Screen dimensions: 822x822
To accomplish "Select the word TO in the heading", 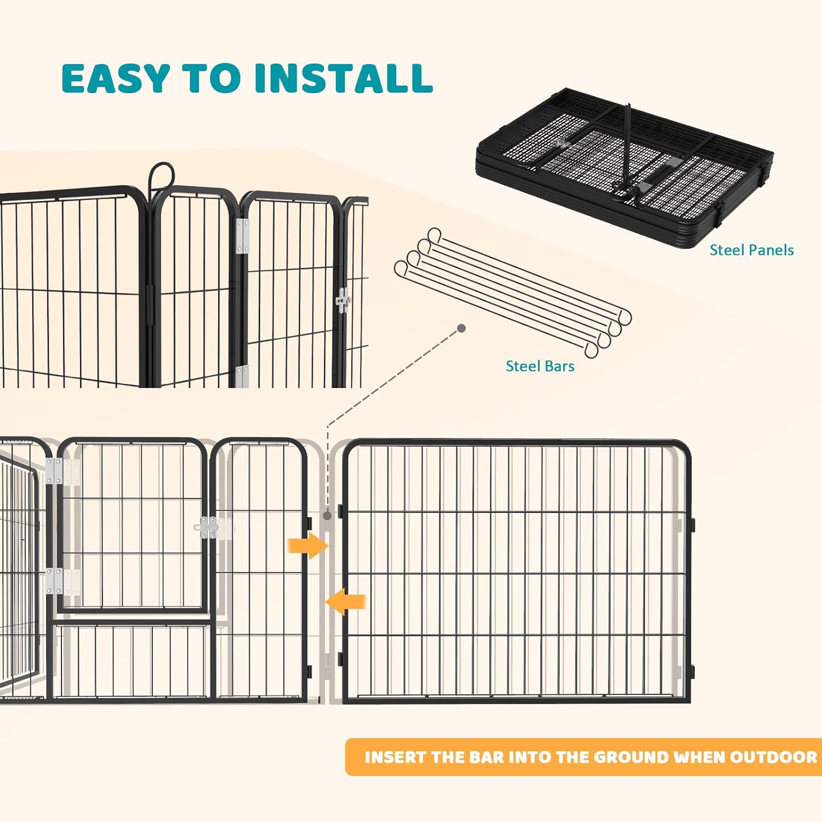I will point(211,78).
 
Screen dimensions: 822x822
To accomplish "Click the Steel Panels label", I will point(751,250).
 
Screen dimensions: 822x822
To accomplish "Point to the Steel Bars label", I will point(540,366).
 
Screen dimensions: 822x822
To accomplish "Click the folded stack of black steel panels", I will point(625,164).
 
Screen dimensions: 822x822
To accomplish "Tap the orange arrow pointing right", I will point(308,545).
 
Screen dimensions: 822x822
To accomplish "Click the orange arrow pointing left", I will point(346,602).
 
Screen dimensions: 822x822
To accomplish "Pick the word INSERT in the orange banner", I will point(396,757).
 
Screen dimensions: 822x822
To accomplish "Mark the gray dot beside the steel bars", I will point(461,328).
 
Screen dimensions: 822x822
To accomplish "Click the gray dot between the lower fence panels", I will point(327,515).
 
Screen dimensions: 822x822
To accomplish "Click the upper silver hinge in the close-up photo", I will point(242,236).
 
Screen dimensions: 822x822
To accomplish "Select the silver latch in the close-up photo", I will point(343,300).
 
